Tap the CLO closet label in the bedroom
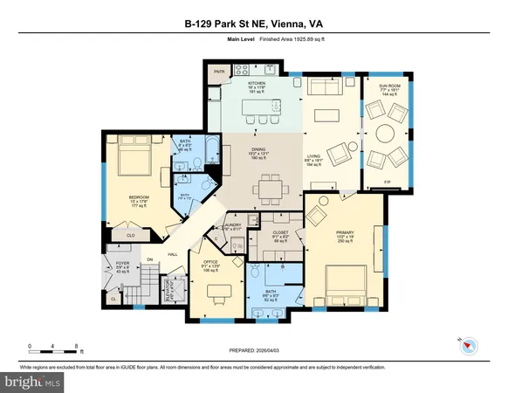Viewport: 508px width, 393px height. click(132, 235)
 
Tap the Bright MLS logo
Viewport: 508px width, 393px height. click(31, 382)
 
